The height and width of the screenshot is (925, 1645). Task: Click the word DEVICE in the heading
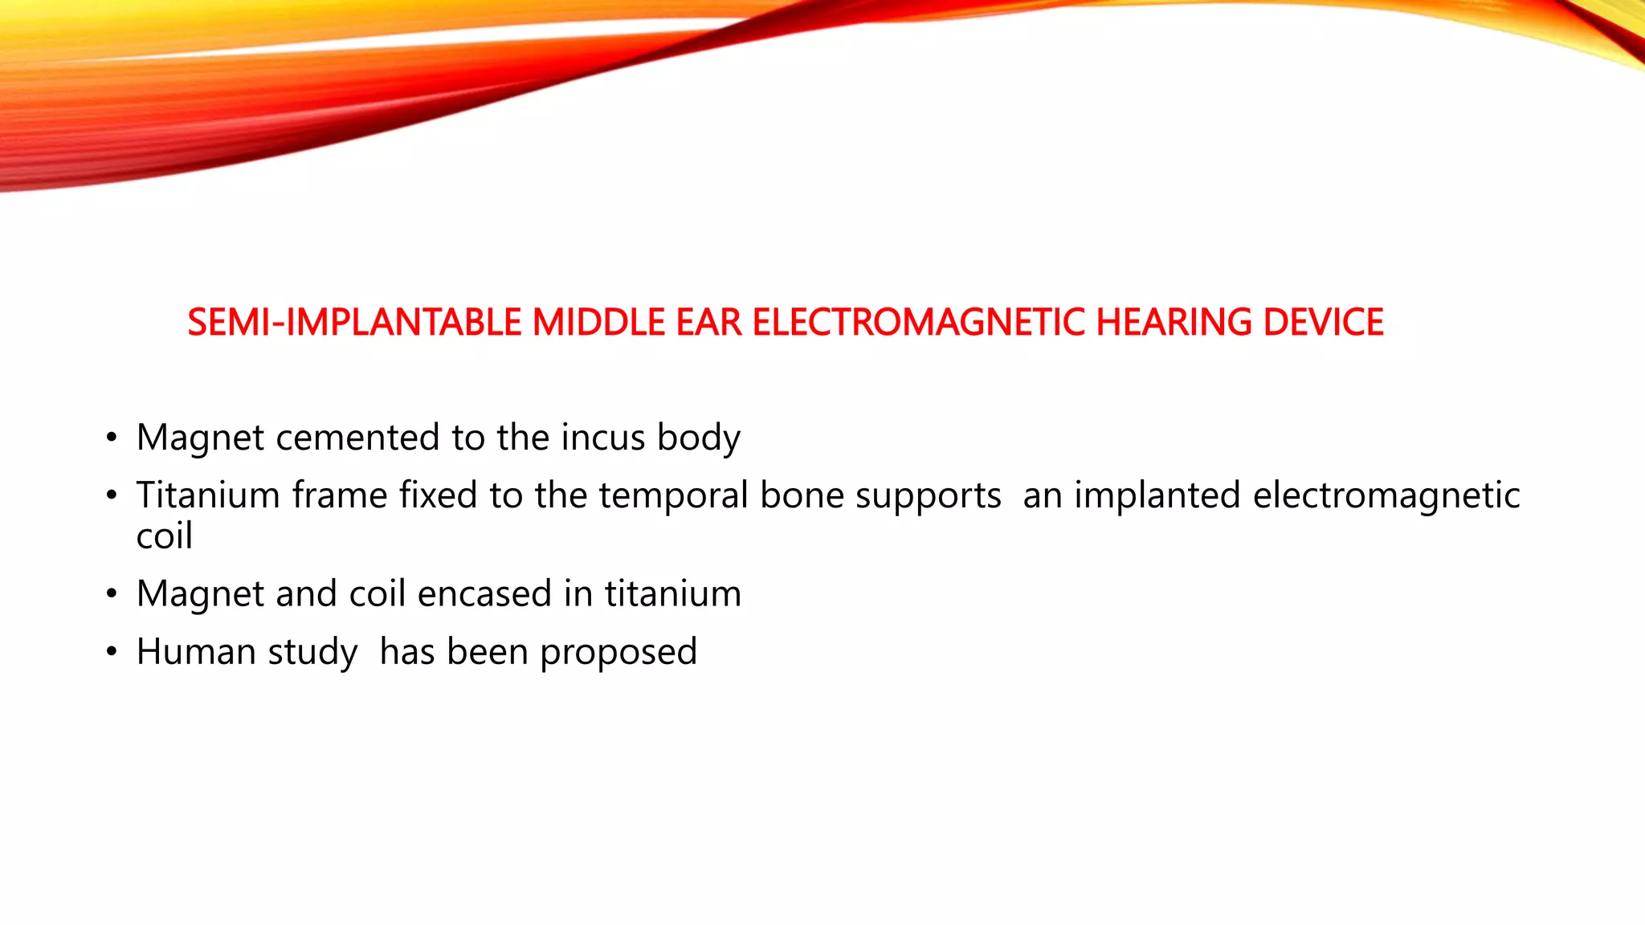(x=1323, y=323)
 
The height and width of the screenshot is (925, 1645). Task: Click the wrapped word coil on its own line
(x=165, y=536)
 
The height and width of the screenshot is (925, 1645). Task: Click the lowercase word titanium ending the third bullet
(x=673, y=595)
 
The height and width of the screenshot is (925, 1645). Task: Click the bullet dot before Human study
(x=112, y=652)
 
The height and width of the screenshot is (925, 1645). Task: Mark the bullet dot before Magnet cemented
(x=112, y=438)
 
